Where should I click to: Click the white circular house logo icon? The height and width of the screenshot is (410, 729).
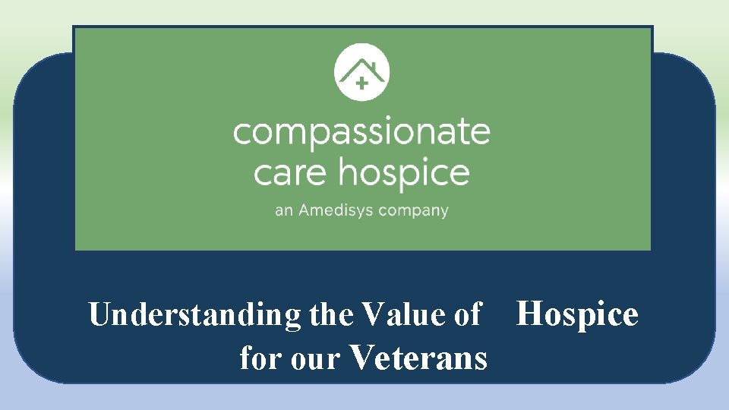point(361,73)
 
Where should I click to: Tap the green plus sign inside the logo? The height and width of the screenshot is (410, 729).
point(361,84)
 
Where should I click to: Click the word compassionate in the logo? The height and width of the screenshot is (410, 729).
point(361,132)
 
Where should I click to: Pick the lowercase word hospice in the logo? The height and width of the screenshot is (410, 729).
point(403,173)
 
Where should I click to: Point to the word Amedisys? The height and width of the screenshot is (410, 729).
point(336,210)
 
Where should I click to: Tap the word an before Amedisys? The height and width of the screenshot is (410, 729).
point(283,211)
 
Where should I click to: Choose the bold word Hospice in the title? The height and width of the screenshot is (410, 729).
point(577,314)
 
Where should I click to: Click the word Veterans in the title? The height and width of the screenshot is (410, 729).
point(418,357)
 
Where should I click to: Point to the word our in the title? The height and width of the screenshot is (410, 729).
point(311,358)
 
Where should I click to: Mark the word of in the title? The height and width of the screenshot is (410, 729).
point(466,314)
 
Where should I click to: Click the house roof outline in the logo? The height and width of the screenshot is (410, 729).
point(362,66)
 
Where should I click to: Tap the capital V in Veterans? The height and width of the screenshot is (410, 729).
point(363,357)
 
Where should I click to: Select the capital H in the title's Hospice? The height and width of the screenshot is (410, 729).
point(529,314)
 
